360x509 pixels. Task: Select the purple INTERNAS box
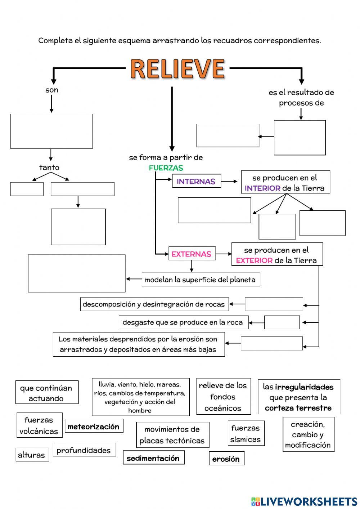pyautogui.click(x=196, y=181)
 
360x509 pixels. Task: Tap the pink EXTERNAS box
pyautogui.click(x=192, y=254)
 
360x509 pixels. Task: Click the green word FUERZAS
pyautogui.click(x=166, y=168)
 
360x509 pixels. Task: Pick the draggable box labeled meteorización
pyautogui.click(x=94, y=426)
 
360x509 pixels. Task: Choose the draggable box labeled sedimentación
pyautogui.click(x=153, y=458)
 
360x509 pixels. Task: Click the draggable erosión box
pyautogui.click(x=226, y=459)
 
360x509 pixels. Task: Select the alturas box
pyautogui.click(x=32, y=455)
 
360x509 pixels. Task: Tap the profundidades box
pyautogui.click(x=84, y=450)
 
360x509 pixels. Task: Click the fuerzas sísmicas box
pyautogui.click(x=246, y=433)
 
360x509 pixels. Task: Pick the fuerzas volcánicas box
pyautogui.click(x=39, y=425)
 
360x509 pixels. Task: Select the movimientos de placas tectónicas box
pyautogui.click(x=172, y=435)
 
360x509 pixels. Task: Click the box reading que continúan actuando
pyautogui.click(x=46, y=393)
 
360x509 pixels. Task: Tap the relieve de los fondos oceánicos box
pyautogui.click(x=223, y=396)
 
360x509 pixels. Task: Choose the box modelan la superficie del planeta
pyautogui.click(x=201, y=280)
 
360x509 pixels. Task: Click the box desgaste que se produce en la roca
pyautogui.click(x=183, y=322)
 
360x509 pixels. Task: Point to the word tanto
pyautogui.click(x=49, y=167)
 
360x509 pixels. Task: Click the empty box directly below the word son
pyautogui.click(x=51, y=131)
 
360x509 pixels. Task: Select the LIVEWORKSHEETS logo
pyautogui.click(x=304, y=501)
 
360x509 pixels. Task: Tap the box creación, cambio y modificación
pyautogui.click(x=308, y=434)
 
